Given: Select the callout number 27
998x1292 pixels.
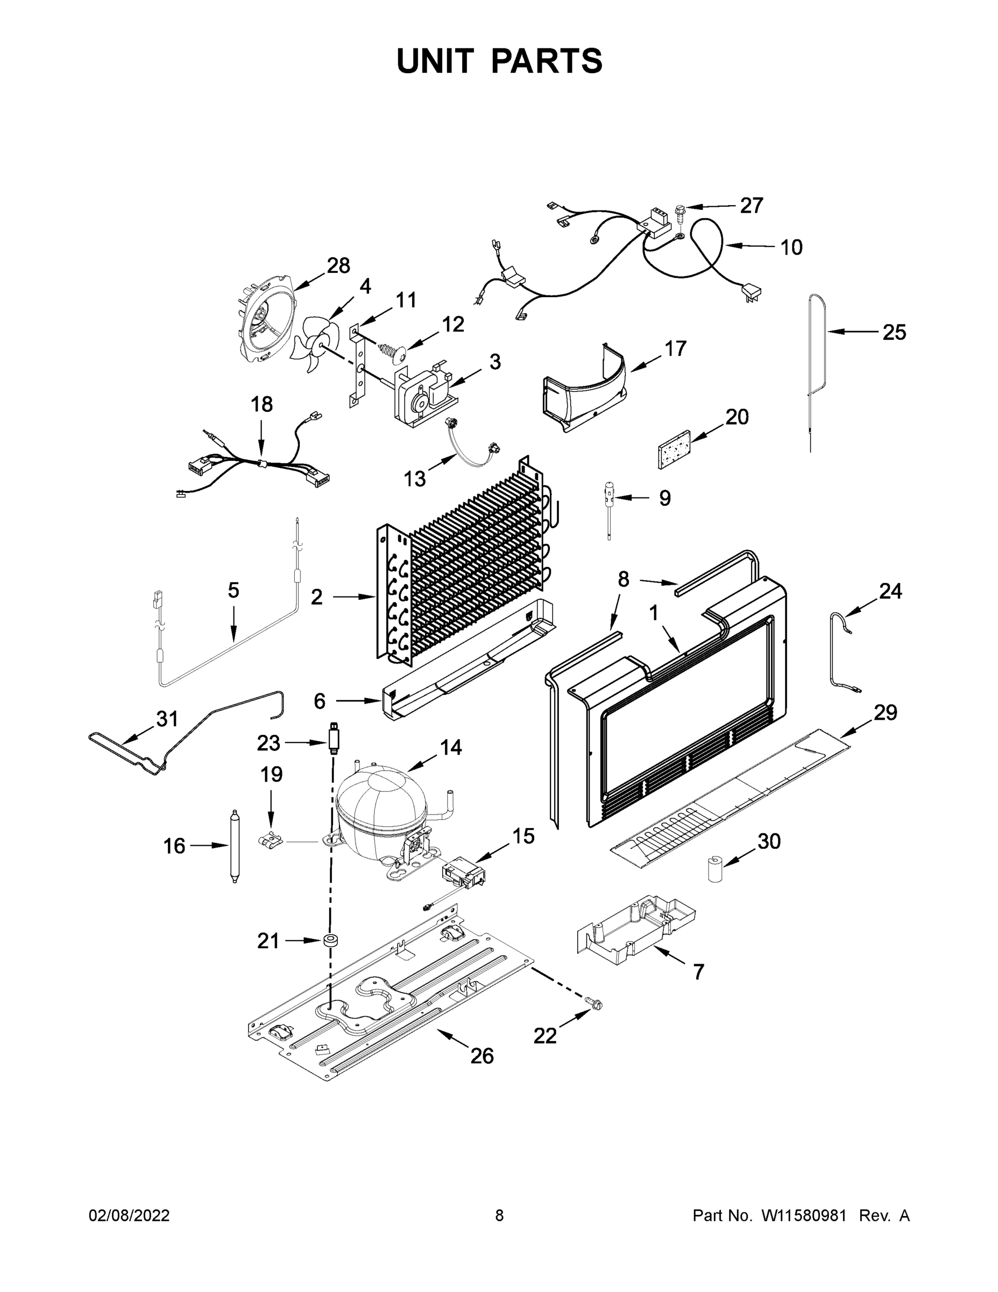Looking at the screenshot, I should click(752, 205).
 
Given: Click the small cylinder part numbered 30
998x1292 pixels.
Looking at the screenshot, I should click(717, 868).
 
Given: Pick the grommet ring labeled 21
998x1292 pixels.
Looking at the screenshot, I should click(330, 940).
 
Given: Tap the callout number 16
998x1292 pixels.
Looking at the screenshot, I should click(174, 846).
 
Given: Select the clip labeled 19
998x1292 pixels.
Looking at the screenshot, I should click(271, 839).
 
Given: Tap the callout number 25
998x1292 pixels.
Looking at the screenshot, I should click(894, 333).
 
